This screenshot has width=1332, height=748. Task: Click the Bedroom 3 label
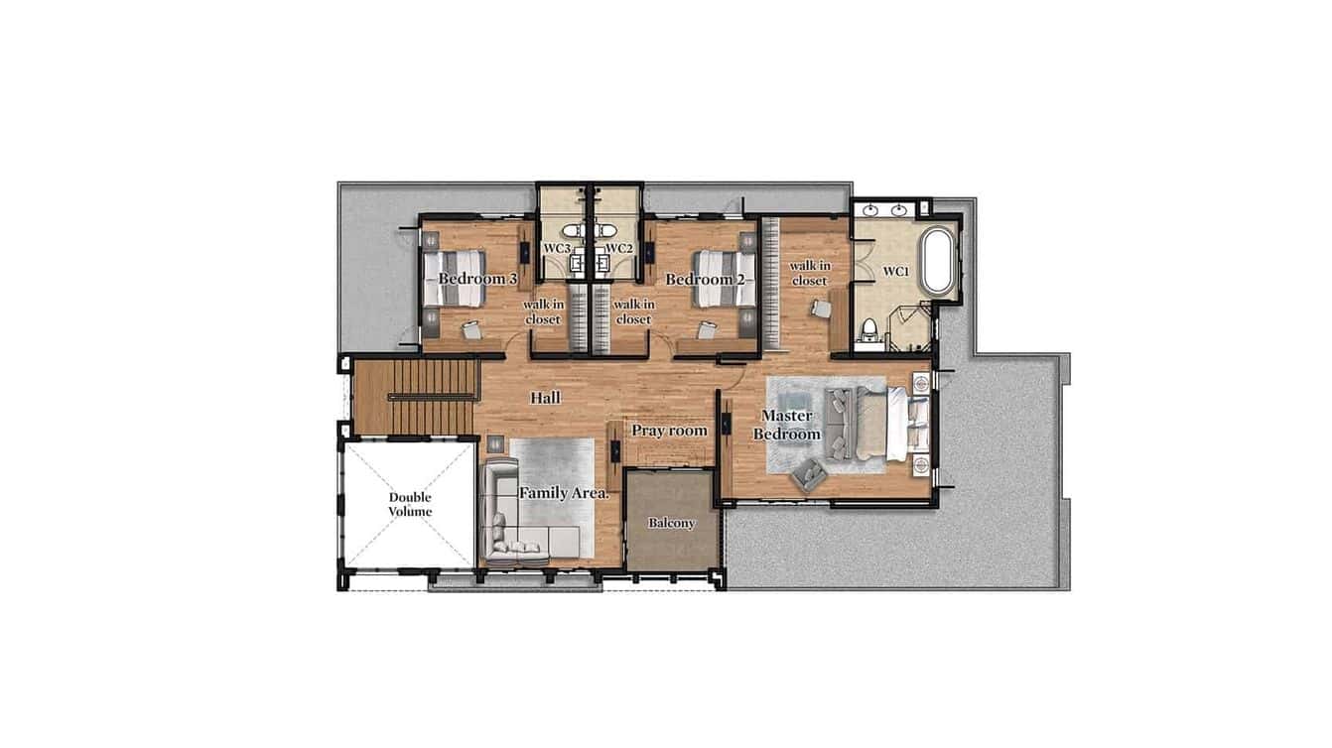[477, 279]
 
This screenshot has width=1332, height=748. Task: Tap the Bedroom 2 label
[705, 279]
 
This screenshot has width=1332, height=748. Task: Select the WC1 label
[895, 271]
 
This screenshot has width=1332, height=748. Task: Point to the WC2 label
[618, 248]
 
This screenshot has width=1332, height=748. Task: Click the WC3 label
[557, 248]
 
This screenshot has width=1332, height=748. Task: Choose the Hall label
[545, 398]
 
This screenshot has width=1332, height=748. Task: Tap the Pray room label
[669, 431]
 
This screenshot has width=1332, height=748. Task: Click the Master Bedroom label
[786, 425]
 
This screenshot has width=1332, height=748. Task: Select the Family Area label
[563, 492]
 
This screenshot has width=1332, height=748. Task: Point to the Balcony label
[671, 523]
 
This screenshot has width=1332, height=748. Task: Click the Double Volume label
[410, 504]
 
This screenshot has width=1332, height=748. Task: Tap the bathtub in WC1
[937, 261]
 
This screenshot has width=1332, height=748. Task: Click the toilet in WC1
[870, 329]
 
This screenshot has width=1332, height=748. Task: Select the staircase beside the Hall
[415, 397]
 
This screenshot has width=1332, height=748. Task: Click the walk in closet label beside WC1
[809, 273]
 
